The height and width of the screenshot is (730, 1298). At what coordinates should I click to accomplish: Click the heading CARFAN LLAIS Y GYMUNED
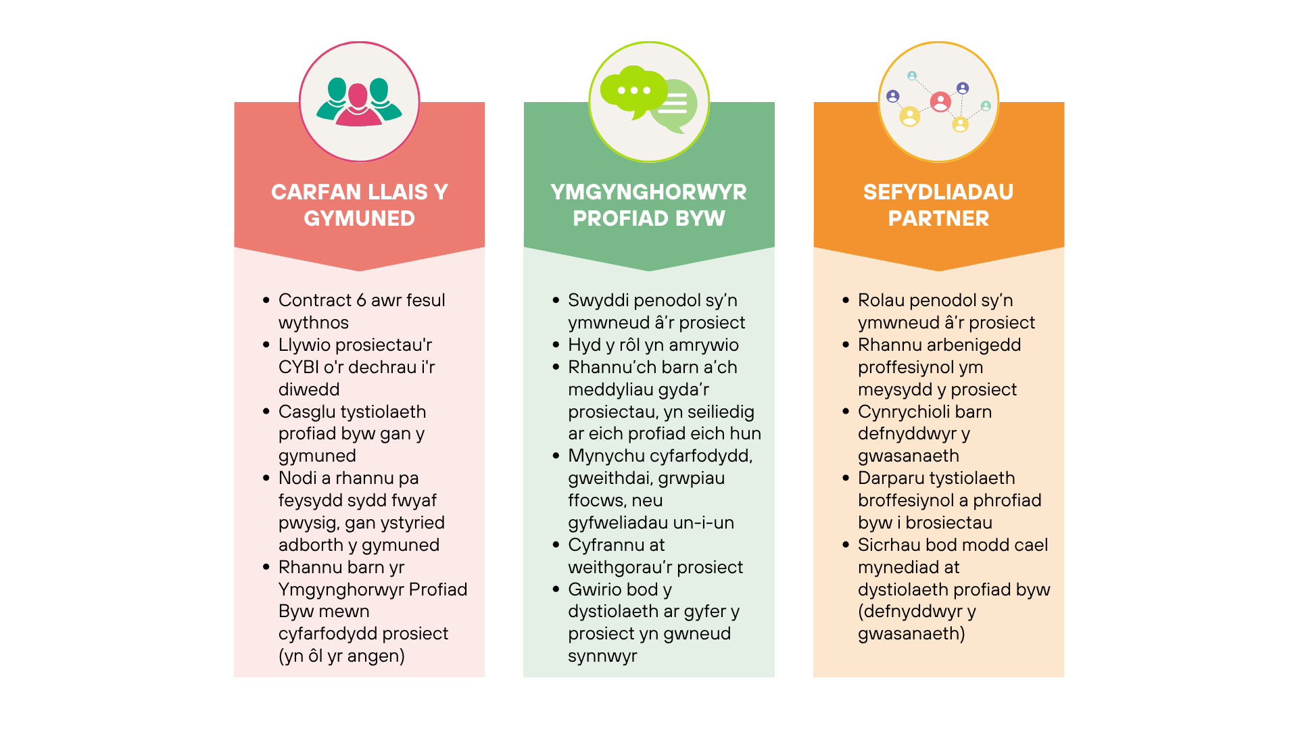pyautogui.click(x=359, y=205)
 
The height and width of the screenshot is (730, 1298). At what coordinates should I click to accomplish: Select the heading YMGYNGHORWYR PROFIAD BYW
pyautogui.click(x=648, y=205)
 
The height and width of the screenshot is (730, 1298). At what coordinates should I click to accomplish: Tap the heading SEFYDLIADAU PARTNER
pyautogui.click(x=938, y=205)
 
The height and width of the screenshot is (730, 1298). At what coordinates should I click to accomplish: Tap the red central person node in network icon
pyautogui.click(x=940, y=102)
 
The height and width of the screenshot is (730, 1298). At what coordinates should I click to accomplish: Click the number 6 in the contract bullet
pyautogui.click(x=361, y=300)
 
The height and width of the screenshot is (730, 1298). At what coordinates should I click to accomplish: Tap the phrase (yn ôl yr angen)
pyautogui.click(x=341, y=656)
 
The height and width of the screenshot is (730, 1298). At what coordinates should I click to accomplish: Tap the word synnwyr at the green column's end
pyautogui.click(x=602, y=656)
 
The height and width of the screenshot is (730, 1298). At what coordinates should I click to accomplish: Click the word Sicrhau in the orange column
pyautogui.click(x=888, y=545)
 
